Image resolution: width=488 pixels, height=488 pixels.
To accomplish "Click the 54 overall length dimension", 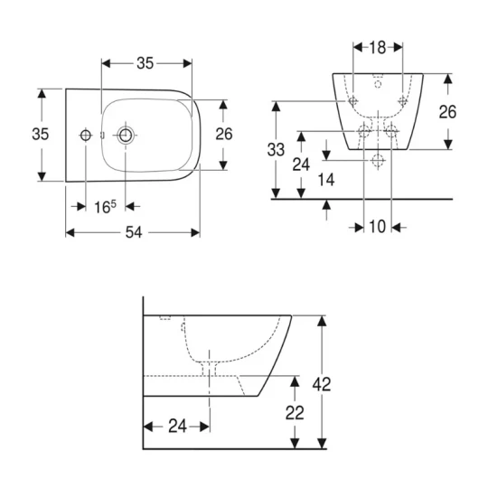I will pos(133,232).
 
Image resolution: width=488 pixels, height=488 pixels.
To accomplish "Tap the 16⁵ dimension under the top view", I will pos(105,206).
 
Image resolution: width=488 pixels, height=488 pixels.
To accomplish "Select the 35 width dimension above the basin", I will pos(145,62).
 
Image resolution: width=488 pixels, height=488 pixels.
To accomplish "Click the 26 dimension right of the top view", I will pos(224,134).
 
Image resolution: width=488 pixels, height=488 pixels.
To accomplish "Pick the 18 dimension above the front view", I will pos(377,46).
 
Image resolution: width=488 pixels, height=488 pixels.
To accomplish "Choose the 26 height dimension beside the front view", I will pos(446,111).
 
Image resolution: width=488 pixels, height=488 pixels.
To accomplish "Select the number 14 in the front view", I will pos(327,181).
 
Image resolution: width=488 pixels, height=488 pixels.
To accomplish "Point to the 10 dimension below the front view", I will pos(377,226).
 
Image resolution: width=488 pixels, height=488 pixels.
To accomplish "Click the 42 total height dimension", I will pos(321,383).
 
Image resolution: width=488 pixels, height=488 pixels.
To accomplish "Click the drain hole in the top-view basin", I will pos(125,135).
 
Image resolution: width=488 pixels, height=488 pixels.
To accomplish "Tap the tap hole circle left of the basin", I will pos(86,135).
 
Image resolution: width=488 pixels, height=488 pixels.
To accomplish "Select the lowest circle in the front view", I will pos(379,160).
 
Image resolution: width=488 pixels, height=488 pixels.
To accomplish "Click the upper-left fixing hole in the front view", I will pos(353,99).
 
